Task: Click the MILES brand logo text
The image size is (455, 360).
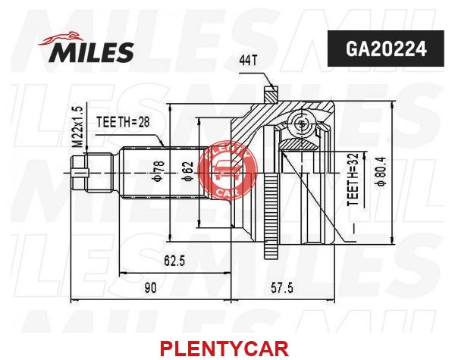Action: coord(93,52)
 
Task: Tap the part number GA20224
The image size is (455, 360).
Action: coord(386,49)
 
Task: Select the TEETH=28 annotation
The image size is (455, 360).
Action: coord(123,122)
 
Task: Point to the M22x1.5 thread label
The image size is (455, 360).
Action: coord(78,127)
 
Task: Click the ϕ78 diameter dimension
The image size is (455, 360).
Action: coord(159,172)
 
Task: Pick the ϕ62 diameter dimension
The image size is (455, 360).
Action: coord(188,171)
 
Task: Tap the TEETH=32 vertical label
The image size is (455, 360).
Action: coord(353,180)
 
